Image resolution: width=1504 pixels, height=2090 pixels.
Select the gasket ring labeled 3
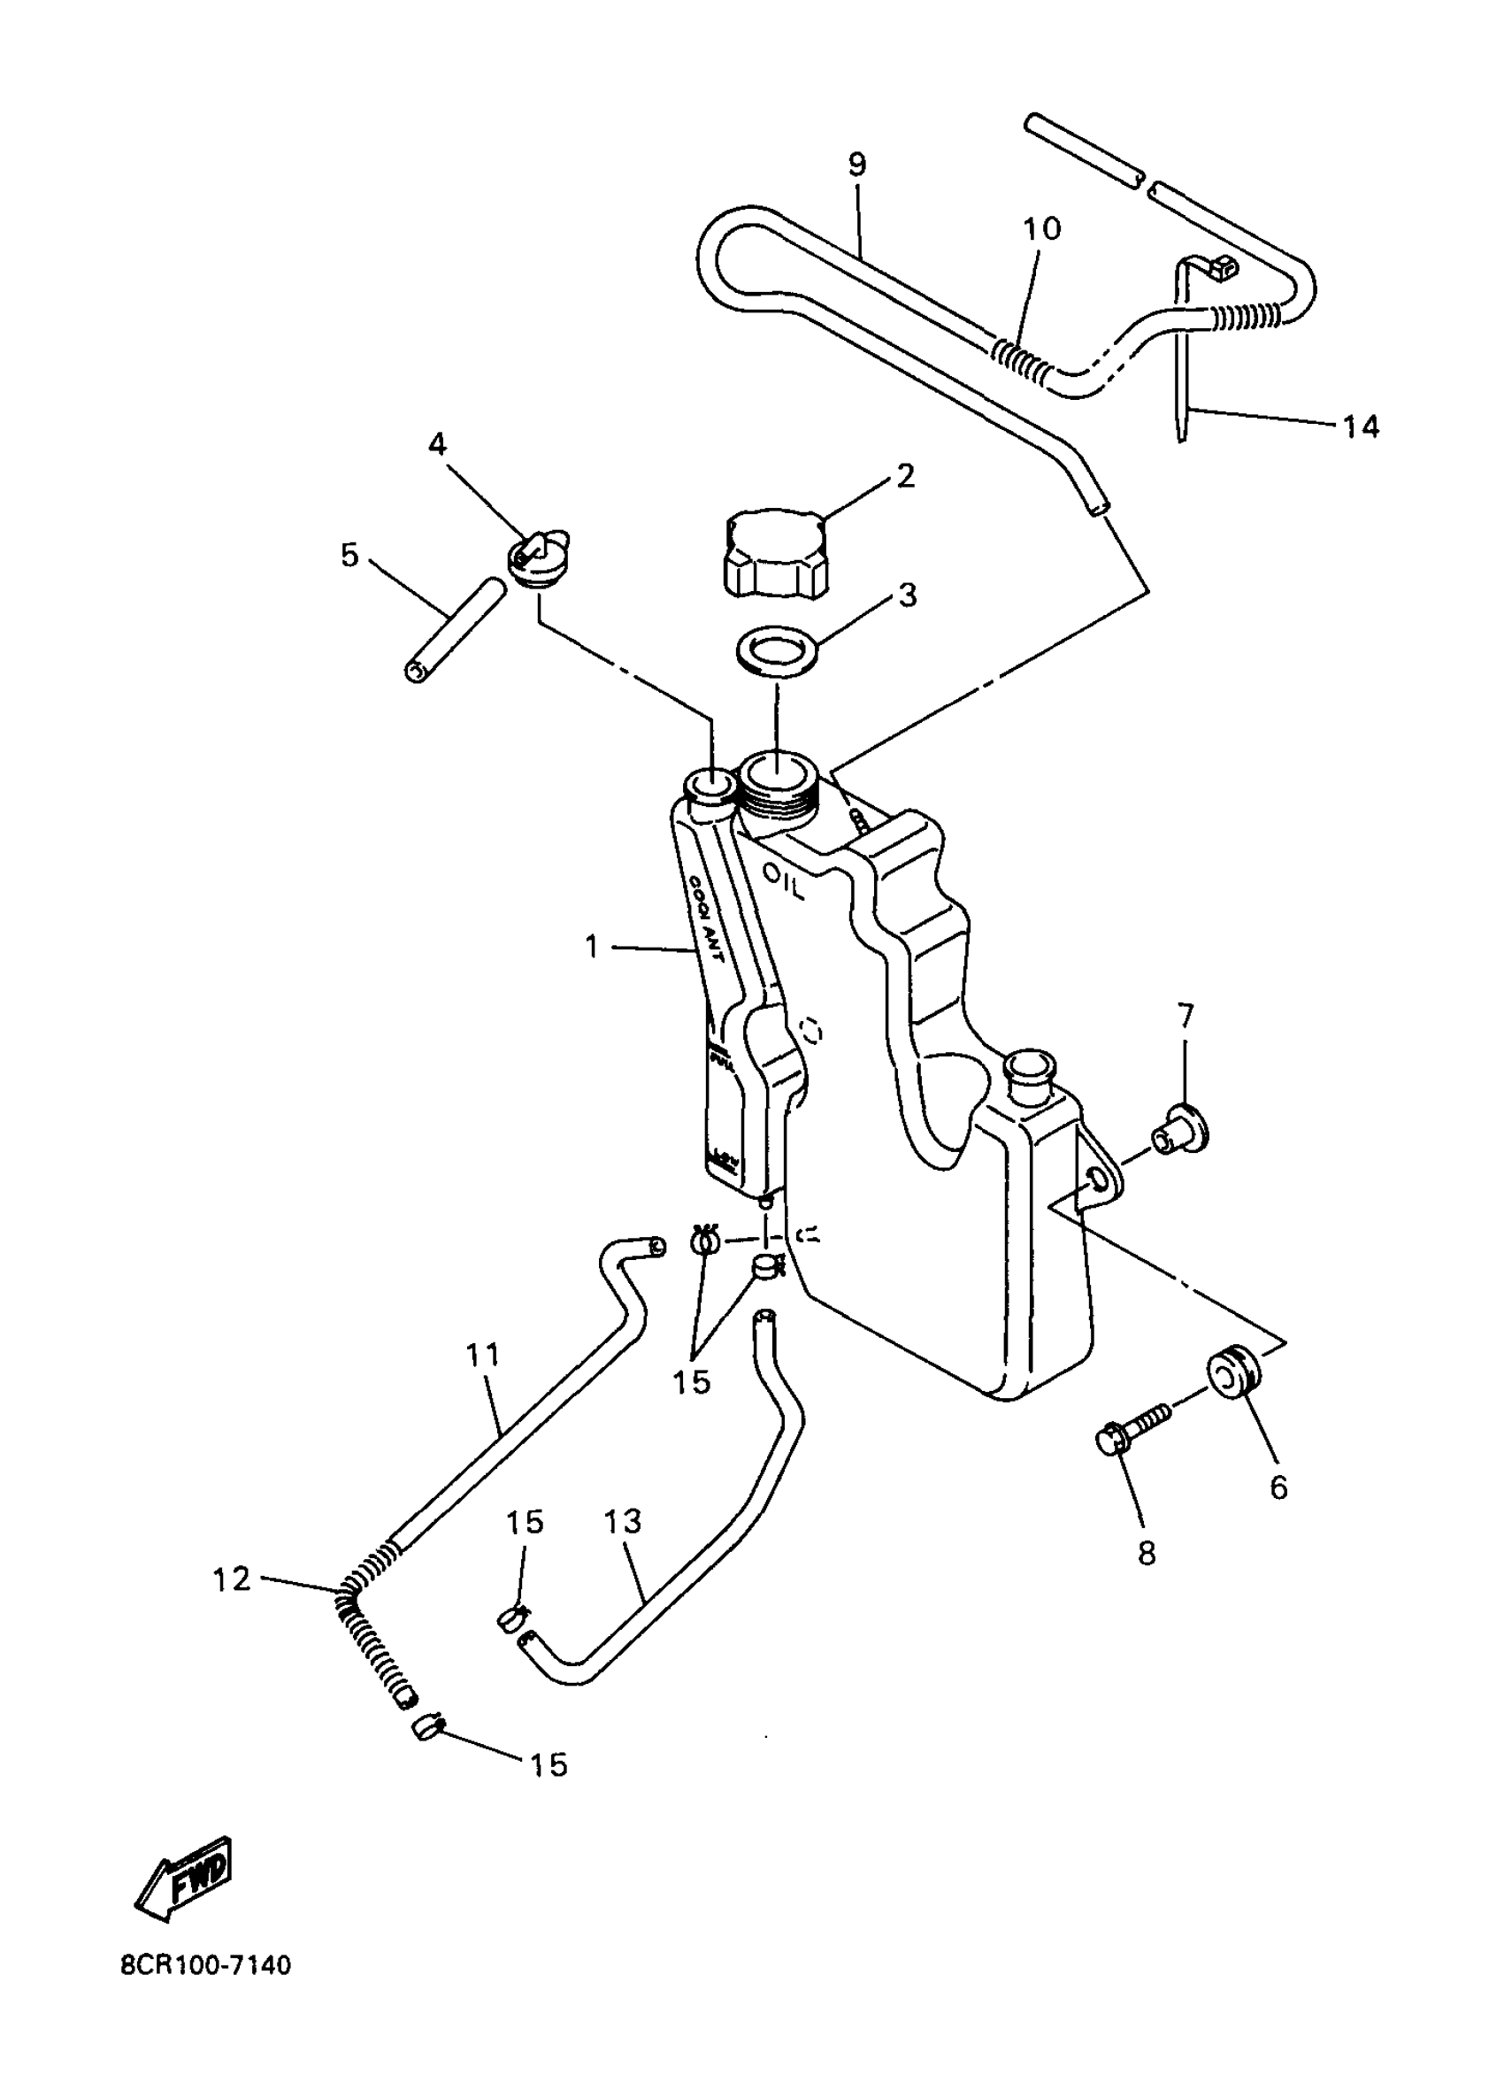tap(778, 650)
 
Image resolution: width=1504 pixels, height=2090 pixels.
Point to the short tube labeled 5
tap(456, 628)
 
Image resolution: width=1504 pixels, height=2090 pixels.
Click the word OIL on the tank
tap(783, 881)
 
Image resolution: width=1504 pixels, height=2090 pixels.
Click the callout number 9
tap(857, 165)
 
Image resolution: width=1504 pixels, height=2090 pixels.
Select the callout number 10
tap(1042, 228)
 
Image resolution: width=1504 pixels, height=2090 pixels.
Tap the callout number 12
tap(231, 1579)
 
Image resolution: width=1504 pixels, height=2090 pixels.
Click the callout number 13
tap(623, 1521)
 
